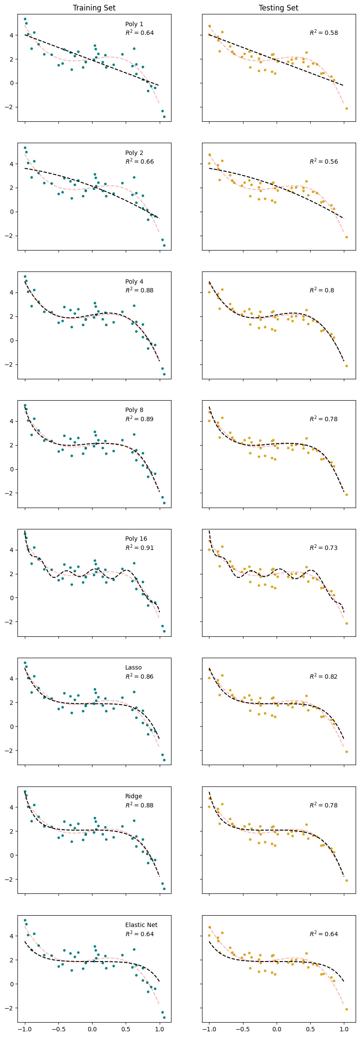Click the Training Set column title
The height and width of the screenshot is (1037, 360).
(94, 8)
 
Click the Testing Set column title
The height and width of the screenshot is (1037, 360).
(278, 8)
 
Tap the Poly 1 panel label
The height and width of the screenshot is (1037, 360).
(134, 24)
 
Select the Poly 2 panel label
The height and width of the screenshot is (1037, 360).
(134, 153)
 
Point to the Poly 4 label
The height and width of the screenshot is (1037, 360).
(134, 282)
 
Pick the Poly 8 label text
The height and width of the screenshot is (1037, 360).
(134, 410)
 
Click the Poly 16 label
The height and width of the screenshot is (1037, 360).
(136, 539)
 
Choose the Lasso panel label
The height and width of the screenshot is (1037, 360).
(133, 667)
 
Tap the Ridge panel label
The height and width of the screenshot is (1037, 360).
(134, 796)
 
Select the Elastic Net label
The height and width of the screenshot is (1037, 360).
(141, 925)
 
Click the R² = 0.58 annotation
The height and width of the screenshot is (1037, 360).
(323, 33)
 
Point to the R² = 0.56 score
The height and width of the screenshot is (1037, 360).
(323, 161)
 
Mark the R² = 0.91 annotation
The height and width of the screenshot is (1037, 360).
(139, 548)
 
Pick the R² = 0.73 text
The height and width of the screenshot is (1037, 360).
(323, 548)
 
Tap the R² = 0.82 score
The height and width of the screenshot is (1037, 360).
(323, 676)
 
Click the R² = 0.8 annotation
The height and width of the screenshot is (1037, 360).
(322, 290)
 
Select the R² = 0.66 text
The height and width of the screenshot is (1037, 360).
(139, 161)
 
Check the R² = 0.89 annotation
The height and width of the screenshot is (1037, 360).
(139, 419)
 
